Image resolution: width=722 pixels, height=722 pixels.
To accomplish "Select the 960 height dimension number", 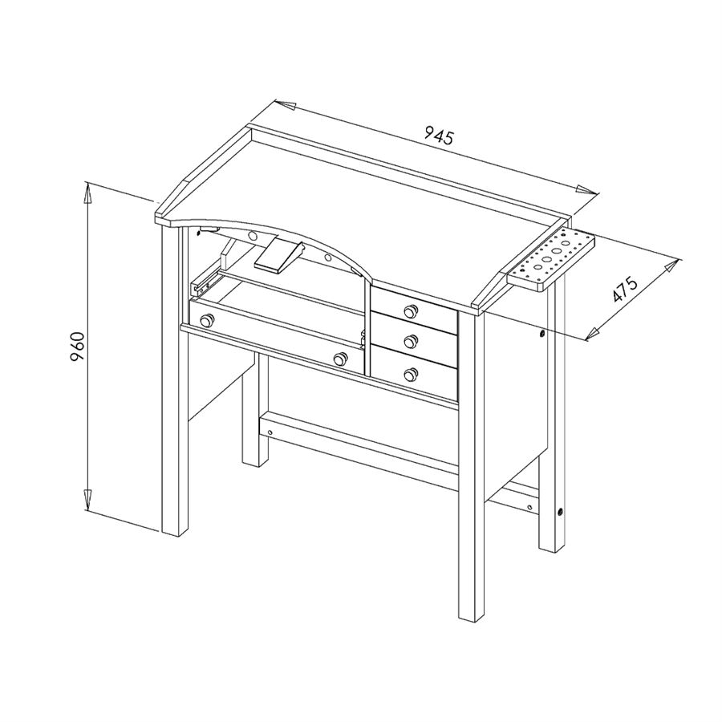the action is point(78,347).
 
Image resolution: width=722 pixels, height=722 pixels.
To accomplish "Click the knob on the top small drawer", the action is point(409,312).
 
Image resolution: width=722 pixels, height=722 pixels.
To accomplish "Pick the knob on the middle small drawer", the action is point(409,342).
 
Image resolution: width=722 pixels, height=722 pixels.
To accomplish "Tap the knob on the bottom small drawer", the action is point(410,375).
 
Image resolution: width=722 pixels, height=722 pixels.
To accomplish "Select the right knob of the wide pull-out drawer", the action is point(340,359).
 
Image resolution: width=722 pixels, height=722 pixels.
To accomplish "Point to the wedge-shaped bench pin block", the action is point(279,257).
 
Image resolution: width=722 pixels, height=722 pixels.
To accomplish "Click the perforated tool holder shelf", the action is point(550,260).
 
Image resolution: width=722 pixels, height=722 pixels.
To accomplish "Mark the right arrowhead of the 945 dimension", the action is point(586,189).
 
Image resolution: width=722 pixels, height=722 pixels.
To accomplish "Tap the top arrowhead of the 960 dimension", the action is point(87,193).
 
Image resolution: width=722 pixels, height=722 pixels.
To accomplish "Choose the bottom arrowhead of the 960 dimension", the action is point(87,499).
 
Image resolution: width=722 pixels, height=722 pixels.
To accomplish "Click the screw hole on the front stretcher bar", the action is point(270,432).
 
